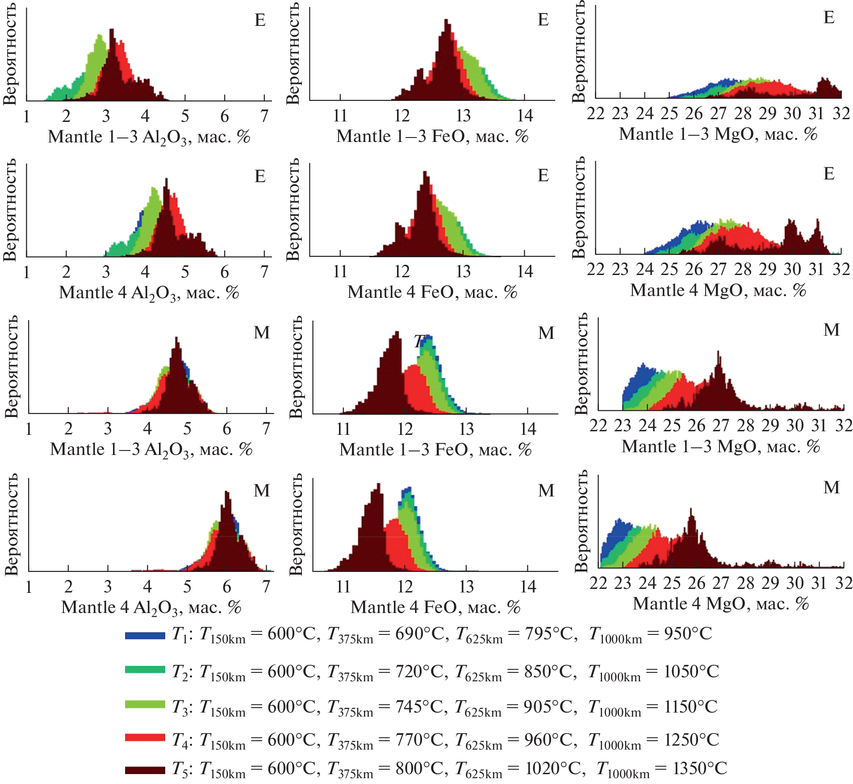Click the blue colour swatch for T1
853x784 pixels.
point(145,635)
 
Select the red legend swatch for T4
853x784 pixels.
point(145,737)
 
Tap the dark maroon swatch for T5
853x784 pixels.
point(145,770)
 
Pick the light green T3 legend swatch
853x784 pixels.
point(145,704)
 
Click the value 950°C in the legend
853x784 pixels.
point(688,634)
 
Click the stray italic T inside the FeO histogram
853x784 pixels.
point(418,342)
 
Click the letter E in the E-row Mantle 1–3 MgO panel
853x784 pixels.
point(829,18)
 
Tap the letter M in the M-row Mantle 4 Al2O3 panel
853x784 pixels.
point(262,491)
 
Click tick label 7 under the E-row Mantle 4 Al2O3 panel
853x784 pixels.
point(264,272)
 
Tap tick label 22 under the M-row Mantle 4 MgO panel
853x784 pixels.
point(598,583)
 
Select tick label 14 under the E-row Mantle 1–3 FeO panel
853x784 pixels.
point(525,116)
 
